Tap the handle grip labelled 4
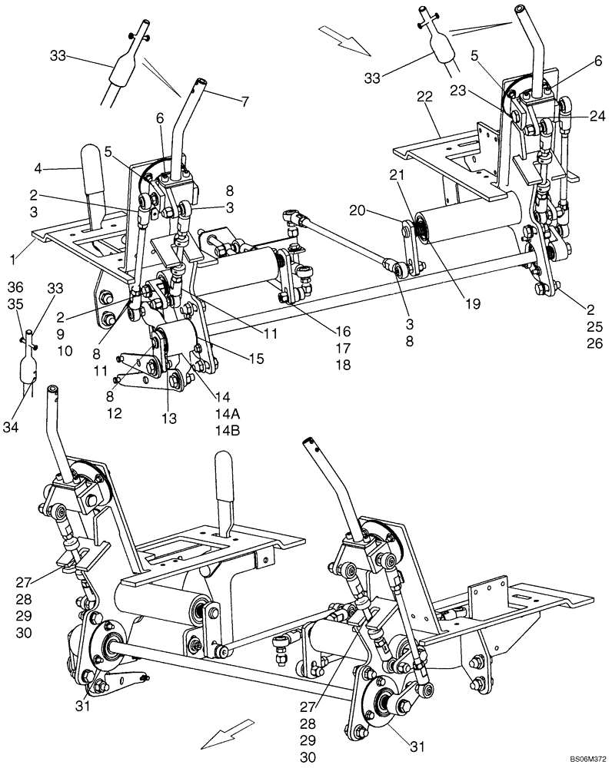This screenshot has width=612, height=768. point(92,167)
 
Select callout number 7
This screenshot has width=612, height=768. point(244,101)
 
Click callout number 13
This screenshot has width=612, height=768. point(168,419)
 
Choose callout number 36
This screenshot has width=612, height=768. point(15,286)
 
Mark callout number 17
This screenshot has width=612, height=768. point(342,348)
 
